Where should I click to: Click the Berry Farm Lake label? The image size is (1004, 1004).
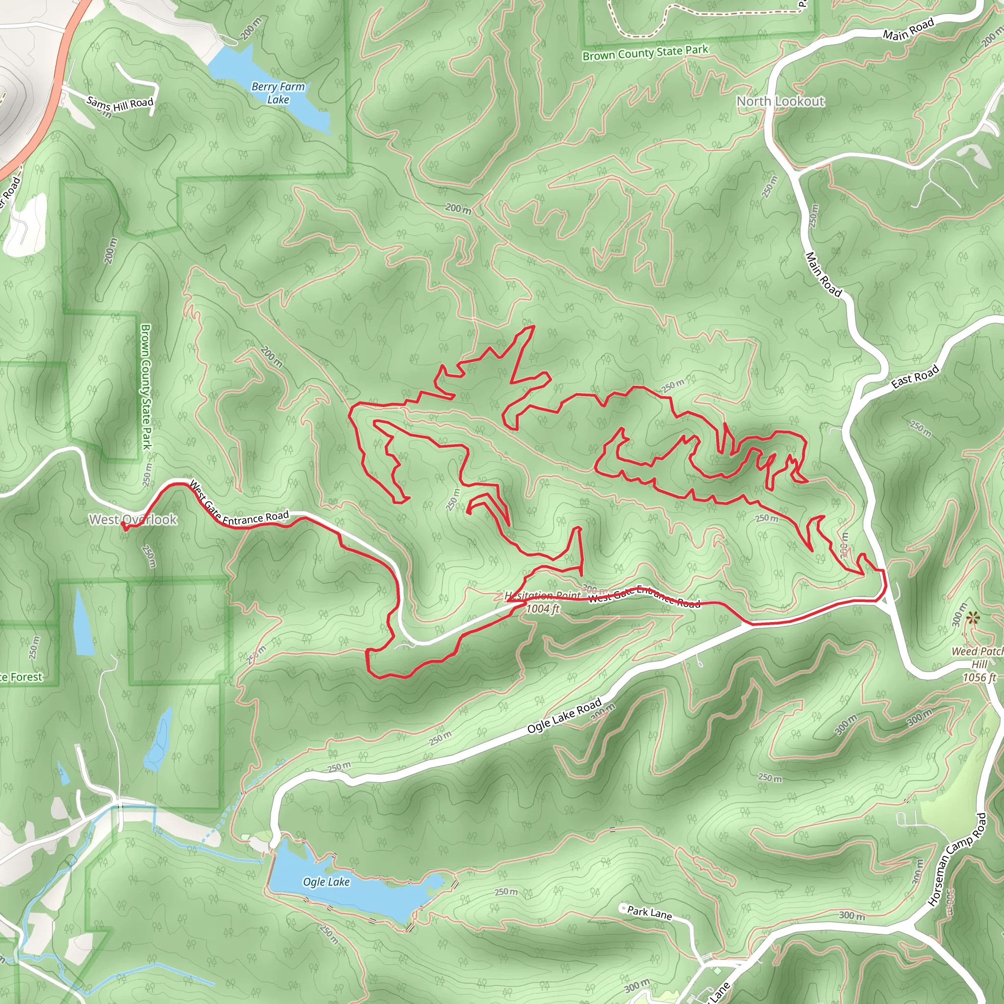coord(278,93)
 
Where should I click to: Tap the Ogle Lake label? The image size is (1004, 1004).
coord(326,881)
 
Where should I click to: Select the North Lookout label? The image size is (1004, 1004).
coord(780,101)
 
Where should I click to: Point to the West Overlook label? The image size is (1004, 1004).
coord(133,519)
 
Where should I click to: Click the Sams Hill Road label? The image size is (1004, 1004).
coord(120,103)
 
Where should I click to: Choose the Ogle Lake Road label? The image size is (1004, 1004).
coord(564,716)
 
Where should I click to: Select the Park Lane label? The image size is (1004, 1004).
coord(650,912)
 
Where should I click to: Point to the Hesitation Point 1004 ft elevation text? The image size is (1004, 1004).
coord(543,608)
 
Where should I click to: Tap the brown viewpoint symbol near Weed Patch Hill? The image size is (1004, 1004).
coord(973,618)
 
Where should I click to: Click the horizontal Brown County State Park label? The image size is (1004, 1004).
coord(645,52)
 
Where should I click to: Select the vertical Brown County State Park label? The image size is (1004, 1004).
coord(146,387)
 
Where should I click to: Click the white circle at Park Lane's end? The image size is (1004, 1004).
coord(623,907)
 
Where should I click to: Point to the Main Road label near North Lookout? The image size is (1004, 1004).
coord(823,274)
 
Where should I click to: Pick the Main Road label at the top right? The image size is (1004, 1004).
coord(908,29)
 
